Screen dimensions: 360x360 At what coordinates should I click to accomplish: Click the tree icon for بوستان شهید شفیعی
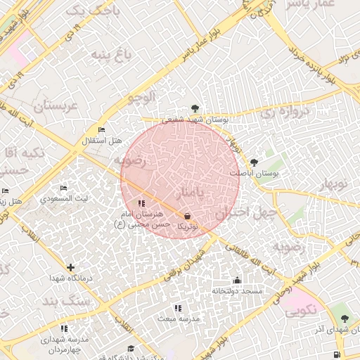tap(194, 108)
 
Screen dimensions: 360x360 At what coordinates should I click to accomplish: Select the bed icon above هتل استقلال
tap(102, 130)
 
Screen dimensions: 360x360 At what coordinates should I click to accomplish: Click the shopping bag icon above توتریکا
tap(187, 216)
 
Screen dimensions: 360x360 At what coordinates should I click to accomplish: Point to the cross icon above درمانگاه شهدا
tap(70, 267)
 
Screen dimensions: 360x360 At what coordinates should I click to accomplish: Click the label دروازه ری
tap(285, 112)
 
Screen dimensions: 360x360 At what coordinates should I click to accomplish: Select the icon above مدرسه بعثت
tap(177, 308)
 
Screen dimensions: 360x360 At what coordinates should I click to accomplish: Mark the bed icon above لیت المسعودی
tap(63, 188)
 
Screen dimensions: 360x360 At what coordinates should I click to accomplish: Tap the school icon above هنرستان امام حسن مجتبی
tap(142, 203)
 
